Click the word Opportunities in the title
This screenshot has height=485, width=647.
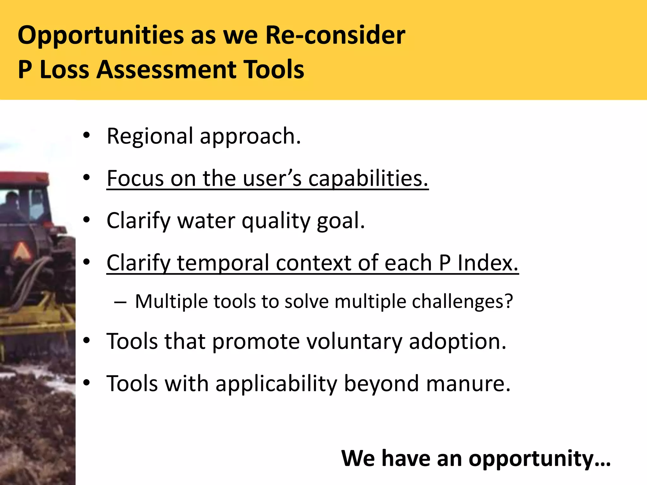click(100, 35)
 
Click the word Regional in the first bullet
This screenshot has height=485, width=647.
click(150, 136)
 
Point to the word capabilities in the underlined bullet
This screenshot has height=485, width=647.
click(368, 179)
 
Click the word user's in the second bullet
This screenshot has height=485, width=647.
click(272, 179)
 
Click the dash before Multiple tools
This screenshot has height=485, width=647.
click(120, 302)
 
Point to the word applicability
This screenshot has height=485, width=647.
click(276, 384)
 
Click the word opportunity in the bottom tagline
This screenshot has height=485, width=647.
click(539, 458)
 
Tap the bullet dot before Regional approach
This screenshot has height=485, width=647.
click(87, 136)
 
